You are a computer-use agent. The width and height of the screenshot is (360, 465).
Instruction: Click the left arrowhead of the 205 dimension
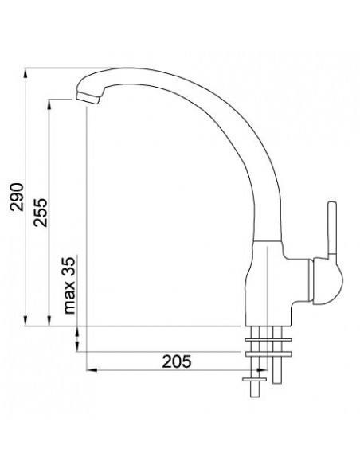(x=90, y=371)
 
